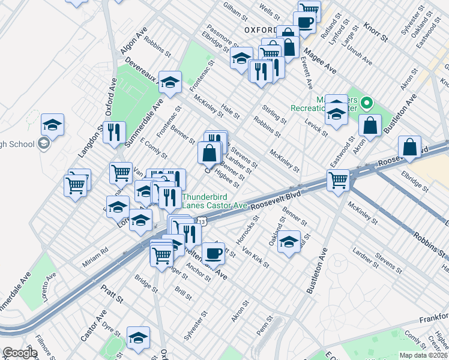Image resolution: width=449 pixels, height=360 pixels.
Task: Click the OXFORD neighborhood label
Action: point(260,30)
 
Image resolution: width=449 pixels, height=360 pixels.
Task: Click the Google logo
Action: point(20,353)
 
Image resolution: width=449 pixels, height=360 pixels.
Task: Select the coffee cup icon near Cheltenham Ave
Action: point(213,253)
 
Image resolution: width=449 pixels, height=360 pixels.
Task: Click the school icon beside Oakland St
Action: point(289,241)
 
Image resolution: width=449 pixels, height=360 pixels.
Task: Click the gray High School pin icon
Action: point(43,143)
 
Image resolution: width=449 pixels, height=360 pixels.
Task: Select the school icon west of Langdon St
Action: point(52,125)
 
